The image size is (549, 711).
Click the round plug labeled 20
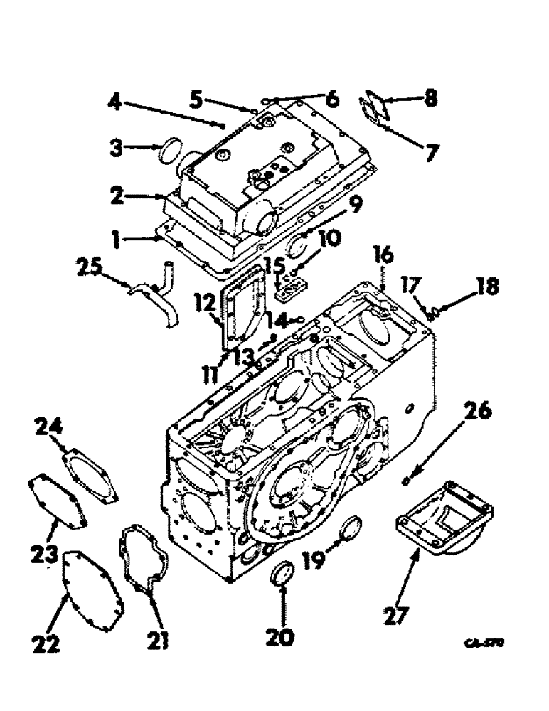pos(282,573)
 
